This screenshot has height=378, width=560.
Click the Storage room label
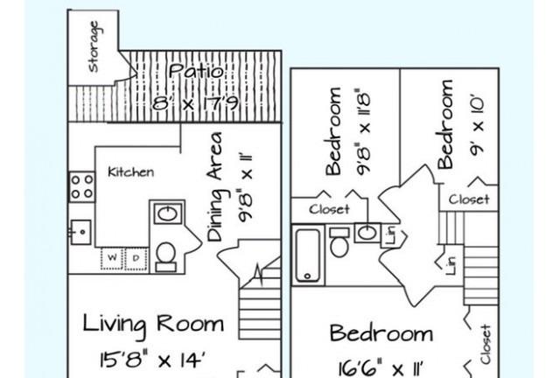coord(94,46)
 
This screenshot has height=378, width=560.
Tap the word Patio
coord(196,71)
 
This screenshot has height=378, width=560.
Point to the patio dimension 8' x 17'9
coord(196,103)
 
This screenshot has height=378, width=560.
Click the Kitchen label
coord(131,172)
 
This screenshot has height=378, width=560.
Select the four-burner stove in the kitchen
coord(81,187)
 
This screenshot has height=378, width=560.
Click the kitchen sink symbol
coord(80,232)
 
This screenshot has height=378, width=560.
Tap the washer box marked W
coord(112,258)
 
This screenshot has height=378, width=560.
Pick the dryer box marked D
coord(136,258)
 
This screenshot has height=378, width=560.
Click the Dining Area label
coord(215,187)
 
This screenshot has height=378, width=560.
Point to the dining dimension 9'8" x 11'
coord(246,188)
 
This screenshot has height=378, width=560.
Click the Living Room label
coord(154,324)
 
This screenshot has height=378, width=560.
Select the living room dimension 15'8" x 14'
coord(154,360)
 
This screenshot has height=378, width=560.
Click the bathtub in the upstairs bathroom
coord(308,255)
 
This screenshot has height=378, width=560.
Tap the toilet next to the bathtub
coord(339,242)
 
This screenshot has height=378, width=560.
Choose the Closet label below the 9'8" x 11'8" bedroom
coord(329,209)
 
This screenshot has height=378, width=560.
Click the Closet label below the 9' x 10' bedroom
coord(469,199)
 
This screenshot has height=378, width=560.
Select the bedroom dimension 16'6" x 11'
coord(381,368)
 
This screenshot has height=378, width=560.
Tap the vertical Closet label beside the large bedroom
coord(486,344)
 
